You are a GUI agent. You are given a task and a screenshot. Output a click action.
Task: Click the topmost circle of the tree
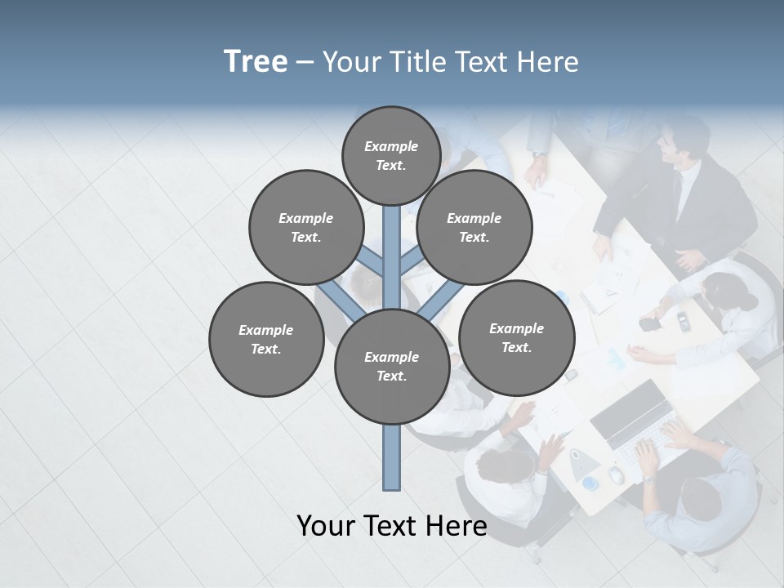391,155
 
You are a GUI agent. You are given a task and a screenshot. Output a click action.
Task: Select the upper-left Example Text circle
306,228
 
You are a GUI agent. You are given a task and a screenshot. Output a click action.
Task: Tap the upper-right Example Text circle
474,228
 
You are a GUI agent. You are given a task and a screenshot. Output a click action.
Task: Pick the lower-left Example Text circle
266,340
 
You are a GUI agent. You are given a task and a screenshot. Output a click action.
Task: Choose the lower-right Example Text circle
516,338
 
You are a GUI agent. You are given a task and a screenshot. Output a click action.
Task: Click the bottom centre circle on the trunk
392,367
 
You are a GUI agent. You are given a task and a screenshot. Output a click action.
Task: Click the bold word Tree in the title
256,62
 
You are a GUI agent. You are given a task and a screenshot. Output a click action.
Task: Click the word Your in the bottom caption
326,526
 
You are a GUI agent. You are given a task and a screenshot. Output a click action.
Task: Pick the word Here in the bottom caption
457,526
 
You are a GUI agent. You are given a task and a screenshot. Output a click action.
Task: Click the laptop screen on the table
630,412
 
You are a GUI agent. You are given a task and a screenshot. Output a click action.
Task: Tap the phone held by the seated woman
649,323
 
